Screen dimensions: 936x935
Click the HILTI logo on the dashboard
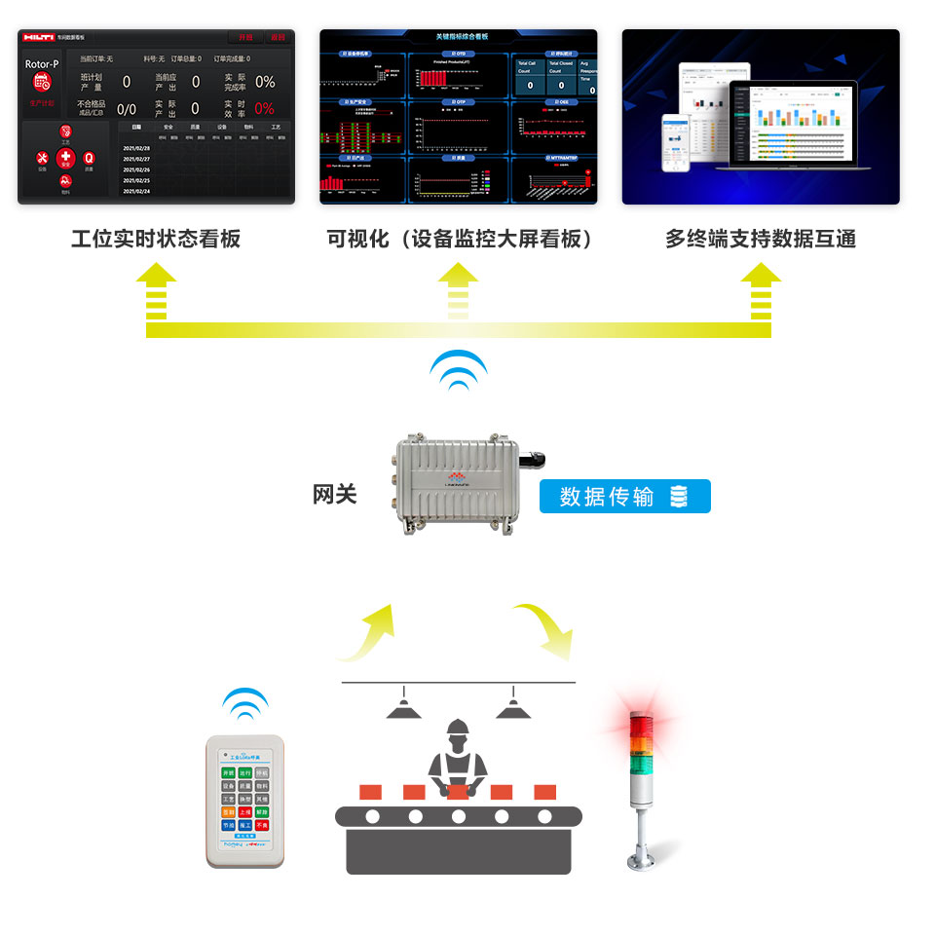(x=40, y=37)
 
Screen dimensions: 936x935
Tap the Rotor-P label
(x=42, y=64)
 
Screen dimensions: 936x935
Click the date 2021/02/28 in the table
(x=136, y=147)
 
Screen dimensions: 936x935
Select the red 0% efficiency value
(x=264, y=109)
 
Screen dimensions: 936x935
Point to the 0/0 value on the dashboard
(x=127, y=109)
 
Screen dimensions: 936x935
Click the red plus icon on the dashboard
(x=65, y=157)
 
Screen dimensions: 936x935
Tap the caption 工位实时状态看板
(x=156, y=239)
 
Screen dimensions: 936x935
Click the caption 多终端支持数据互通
(x=761, y=239)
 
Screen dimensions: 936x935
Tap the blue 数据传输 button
(x=625, y=497)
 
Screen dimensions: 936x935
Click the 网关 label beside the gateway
(x=334, y=495)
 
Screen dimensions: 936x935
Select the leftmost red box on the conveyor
(x=371, y=791)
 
